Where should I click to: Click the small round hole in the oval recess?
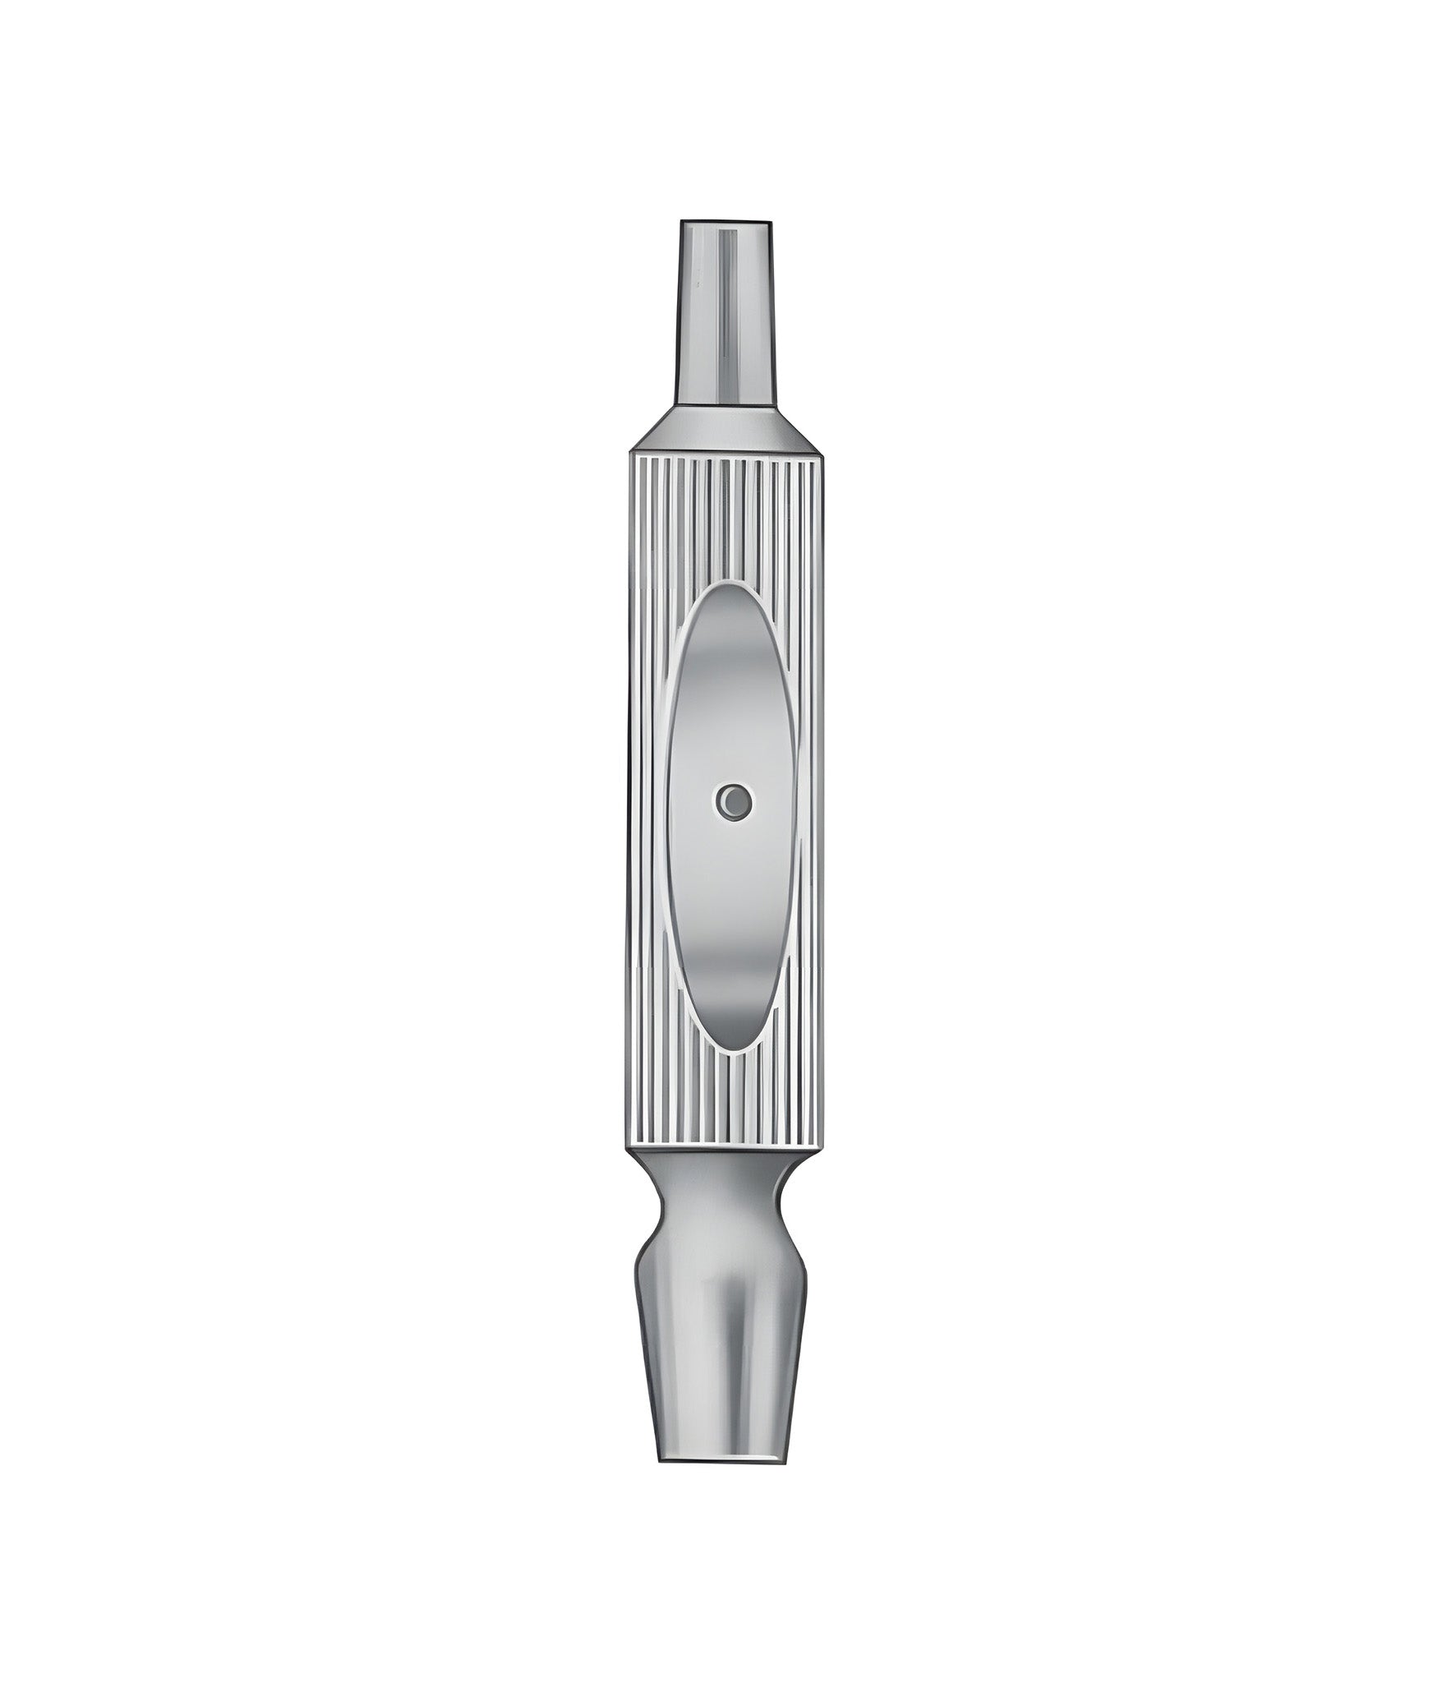point(734,800)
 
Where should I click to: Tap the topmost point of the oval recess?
point(728,587)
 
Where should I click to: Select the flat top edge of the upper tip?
point(725,221)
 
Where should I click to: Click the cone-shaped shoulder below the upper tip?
point(726,427)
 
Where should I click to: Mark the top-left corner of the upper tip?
point(680,222)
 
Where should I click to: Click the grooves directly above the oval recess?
point(727,518)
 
